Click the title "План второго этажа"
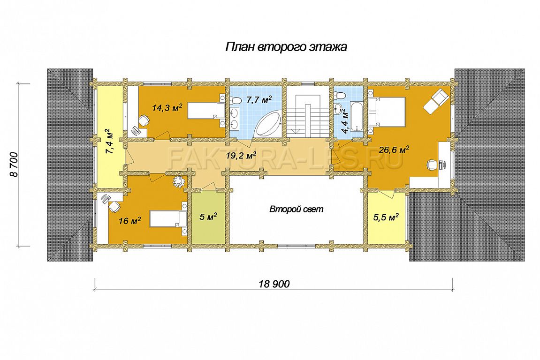[x=286, y=47]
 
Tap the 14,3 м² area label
[x=167, y=107]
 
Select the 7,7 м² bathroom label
[x=259, y=100]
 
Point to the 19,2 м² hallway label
[x=241, y=156]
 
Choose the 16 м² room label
[x=129, y=221]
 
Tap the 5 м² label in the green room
[x=208, y=217]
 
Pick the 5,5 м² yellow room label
[x=386, y=217]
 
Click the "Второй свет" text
[x=297, y=209]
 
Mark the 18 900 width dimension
[x=274, y=284]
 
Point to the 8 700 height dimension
[x=14, y=165]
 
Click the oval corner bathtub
[x=268, y=124]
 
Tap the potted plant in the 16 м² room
[x=179, y=181]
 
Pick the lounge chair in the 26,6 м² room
[x=436, y=100]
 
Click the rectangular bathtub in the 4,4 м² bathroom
[x=356, y=119]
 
